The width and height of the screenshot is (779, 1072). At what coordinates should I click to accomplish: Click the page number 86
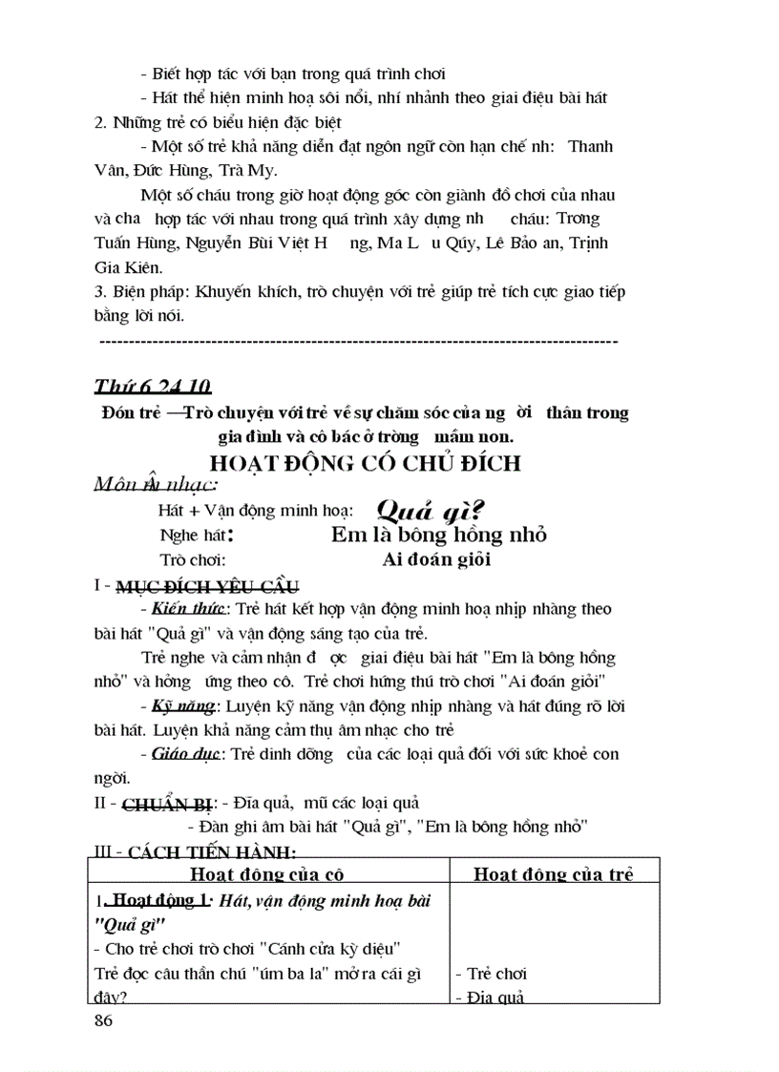click(x=104, y=1022)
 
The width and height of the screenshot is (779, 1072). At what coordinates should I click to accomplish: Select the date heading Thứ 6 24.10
click(x=152, y=387)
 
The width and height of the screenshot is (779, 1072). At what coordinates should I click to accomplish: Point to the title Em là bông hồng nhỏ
click(x=438, y=535)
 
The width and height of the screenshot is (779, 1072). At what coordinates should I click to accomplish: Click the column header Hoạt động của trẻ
click(x=554, y=873)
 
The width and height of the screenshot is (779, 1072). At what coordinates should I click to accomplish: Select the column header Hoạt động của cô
click(x=266, y=873)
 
